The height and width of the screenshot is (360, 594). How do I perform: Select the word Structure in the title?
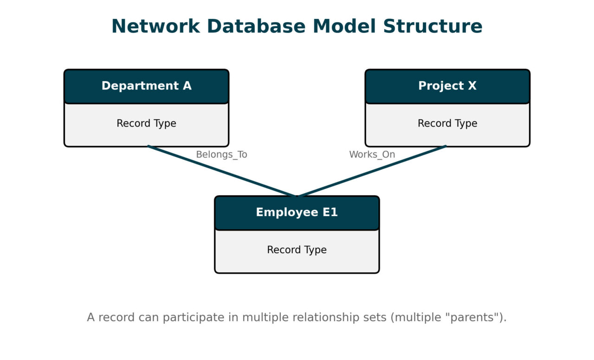[433, 26]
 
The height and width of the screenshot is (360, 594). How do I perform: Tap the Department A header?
[146, 86]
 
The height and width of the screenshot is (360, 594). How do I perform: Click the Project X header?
[447, 86]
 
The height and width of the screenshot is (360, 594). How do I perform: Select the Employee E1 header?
[297, 212]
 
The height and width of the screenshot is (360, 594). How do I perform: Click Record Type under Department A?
[146, 123]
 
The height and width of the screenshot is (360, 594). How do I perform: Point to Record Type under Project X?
[447, 123]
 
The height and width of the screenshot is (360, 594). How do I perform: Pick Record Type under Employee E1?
[297, 250]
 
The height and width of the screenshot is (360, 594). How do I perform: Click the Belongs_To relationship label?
[221, 155]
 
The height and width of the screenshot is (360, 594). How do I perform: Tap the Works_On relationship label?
[372, 155]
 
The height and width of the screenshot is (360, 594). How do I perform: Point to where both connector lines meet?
[297, 196]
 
